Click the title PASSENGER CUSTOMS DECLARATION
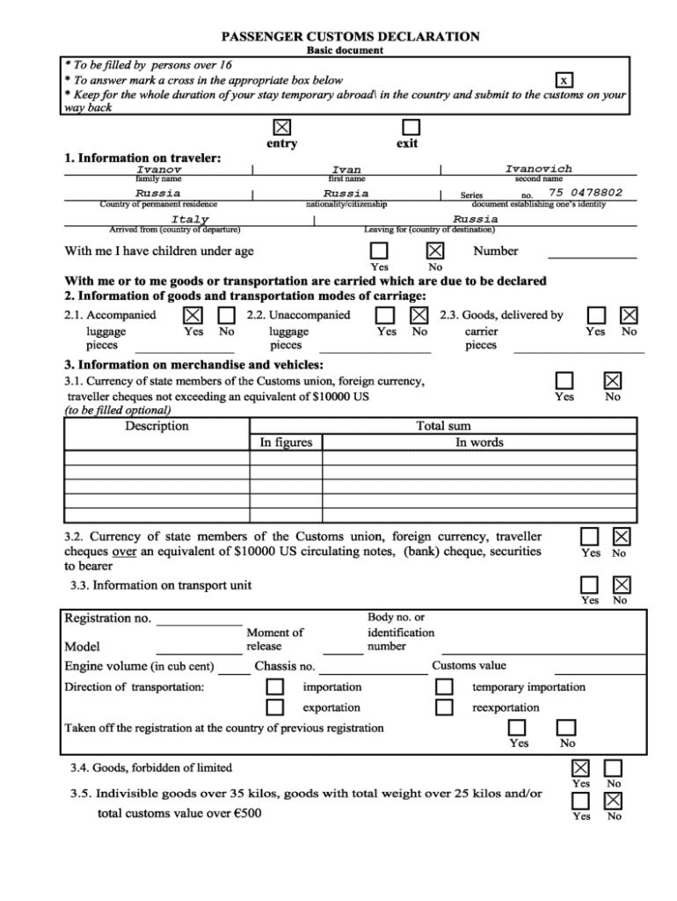(x=350, y=37)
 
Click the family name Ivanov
(x=159, y=169)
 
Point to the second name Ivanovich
(x=538, y=169)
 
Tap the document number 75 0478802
(x=586, y=193)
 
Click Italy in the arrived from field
(x=190, y=219)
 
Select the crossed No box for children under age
(x=435, y=251)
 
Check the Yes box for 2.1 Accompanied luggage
(x=193, y=315)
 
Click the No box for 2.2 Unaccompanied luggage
(x=419, y=315)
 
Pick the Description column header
(x=157, y=426)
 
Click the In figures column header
(x=286, y=443)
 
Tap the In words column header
(x=479, y=443)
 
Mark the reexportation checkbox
(x=445, y=707)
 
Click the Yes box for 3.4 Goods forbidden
(x=580, y=768)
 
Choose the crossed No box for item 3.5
(x=614, y=801)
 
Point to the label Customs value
(x=469, y=665)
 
